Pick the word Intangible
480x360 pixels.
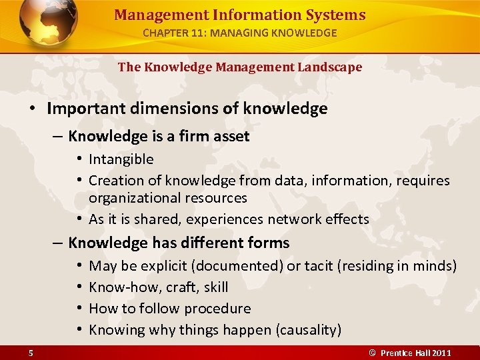(121, 159)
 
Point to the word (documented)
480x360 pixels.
(237, 266)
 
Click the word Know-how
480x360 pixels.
(119, 287)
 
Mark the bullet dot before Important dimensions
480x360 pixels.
(32, 109)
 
